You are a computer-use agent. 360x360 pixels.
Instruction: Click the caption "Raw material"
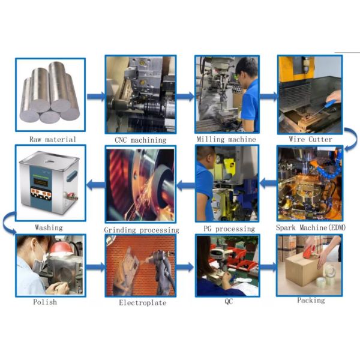click(x=53, y=139)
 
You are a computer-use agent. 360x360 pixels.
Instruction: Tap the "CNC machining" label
click(x=140, y=140)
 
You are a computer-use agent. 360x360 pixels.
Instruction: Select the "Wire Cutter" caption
click(x=310, y=139)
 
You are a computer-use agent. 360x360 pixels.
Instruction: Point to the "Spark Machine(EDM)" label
click(x=311, y=227)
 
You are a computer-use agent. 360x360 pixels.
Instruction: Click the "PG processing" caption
click(x=229, y=229)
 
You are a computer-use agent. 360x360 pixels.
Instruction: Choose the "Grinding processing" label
click(x=142, y=230)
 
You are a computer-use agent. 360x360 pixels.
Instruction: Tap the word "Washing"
click(x=49, y=227)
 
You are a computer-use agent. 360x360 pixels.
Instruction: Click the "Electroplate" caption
click(x=143, y=302)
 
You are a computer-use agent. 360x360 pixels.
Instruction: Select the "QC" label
click(x=229, y=301)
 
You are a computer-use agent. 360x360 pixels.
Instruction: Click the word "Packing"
click(x=311, y=300)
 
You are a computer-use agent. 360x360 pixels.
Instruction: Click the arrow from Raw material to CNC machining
click(x=96, y=96)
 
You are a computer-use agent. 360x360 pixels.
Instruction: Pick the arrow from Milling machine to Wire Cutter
click(x=269, y=96)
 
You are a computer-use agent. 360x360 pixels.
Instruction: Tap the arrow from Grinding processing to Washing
click(x=96, y=184)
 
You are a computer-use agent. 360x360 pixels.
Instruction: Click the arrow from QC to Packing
click(x=268, y=267)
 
